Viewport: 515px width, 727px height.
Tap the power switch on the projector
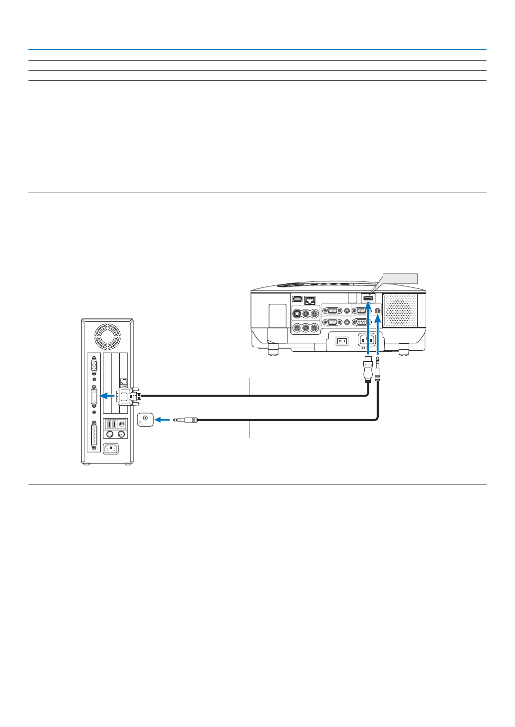click(x=342, y=341)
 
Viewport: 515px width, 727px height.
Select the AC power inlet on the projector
click(x=367, y=340)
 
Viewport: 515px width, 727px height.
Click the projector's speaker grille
click(x=401, y=310)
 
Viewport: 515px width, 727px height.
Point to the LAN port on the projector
click(x=310, y=300)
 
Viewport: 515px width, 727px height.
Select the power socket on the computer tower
click(x=111, y=449)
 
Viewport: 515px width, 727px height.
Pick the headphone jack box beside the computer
click(x=145, y=419)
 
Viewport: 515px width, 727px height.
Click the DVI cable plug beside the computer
click(x=128, y=396)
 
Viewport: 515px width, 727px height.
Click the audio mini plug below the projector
click(x=377, y=369)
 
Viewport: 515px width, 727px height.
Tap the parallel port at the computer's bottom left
click(x=94, y=436)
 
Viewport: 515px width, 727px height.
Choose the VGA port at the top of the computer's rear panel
click(x=94, y=367)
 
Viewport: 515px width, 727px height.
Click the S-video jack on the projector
click(x=296, y=314)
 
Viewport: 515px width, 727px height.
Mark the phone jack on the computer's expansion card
click(x=123, y=381)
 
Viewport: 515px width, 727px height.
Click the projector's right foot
click(x=404, y=349)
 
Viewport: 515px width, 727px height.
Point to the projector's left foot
click(x=273, y=349)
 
